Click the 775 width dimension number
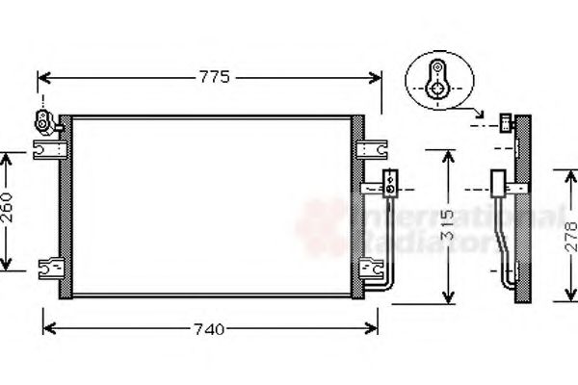215,78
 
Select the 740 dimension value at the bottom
209,329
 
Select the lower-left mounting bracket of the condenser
47,267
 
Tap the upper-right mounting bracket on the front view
371,149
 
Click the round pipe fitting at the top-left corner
44,119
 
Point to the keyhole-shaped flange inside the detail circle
437,79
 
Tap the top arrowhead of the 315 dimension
447,154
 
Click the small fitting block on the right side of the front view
389,179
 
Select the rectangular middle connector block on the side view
499,183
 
